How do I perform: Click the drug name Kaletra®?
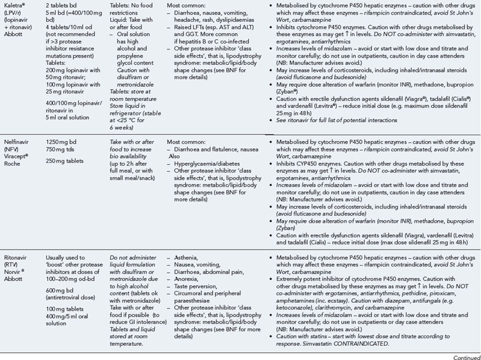[15, 4]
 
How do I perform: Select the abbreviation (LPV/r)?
[15, 12]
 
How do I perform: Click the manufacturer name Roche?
[13, 165]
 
